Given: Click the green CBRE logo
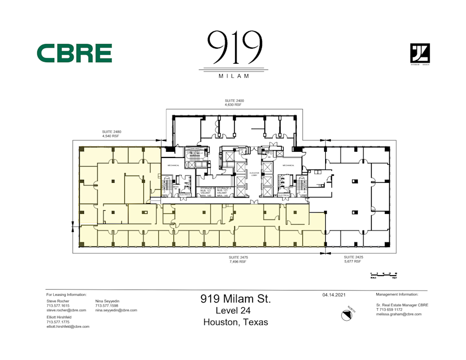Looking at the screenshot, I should pyautogui.click(x=74, y=53).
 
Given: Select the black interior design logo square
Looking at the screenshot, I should pyautogui.click(x=420, y=53).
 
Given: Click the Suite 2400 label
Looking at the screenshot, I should pyautogui.click(x=234, y=100).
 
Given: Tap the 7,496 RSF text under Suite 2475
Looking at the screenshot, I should pyautogui.click(x=238, y=262).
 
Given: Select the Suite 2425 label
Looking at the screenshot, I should pyautogui.click(x=354, y=257).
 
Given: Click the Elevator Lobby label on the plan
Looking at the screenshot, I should pyautogui.click(x=254, y=174).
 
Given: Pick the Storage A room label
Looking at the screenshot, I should pyautogui.click(x=224, y=188).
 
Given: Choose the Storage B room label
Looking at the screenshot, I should pyautogui.click(x=208, y=188).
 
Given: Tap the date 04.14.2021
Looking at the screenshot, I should pyautogui.click(x=333, y=295).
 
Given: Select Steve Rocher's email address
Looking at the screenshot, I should pyautogui.click(x=66, y=310).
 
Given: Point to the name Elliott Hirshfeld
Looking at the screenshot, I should pyautogui.click(x=59, y=317).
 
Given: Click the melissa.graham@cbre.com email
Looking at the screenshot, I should pyautogui.click(x=399, y=314).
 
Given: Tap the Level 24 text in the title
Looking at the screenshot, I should pyautogui.click(x=236, y=310).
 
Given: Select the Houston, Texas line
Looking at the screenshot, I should pyautogui.click(x=236, y=322).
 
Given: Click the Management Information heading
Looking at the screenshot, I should pyautogui.click(x=397, y=294).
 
